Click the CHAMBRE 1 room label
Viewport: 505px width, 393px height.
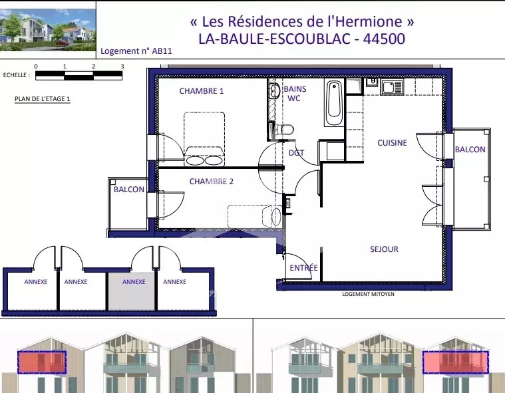point(202,91)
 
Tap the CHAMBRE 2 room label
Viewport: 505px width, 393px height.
point(212,182)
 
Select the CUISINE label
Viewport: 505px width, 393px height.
point(392,143)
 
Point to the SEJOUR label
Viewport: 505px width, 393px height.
point(384,249)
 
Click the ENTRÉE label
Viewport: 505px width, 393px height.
point(303,267)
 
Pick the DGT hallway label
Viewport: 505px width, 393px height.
point(296,153)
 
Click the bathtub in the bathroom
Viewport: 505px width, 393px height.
point(334,102)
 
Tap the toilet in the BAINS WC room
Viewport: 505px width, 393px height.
point(283,130)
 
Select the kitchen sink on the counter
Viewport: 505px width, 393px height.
point(392,87)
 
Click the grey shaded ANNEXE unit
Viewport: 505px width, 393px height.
point(131,291)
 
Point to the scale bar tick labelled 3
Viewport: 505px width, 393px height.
point(122,66)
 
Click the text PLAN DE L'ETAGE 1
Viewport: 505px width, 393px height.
point(42,99)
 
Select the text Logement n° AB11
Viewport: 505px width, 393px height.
point(136,51)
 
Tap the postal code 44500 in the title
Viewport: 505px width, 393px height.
point(384,39)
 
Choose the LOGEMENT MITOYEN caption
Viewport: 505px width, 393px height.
point(368,294)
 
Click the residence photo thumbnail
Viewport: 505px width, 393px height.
point(48,30)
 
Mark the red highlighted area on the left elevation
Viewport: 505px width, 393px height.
point(42,362)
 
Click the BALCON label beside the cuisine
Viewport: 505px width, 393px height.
point(470,150)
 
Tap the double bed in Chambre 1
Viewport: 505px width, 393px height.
point(204,139)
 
